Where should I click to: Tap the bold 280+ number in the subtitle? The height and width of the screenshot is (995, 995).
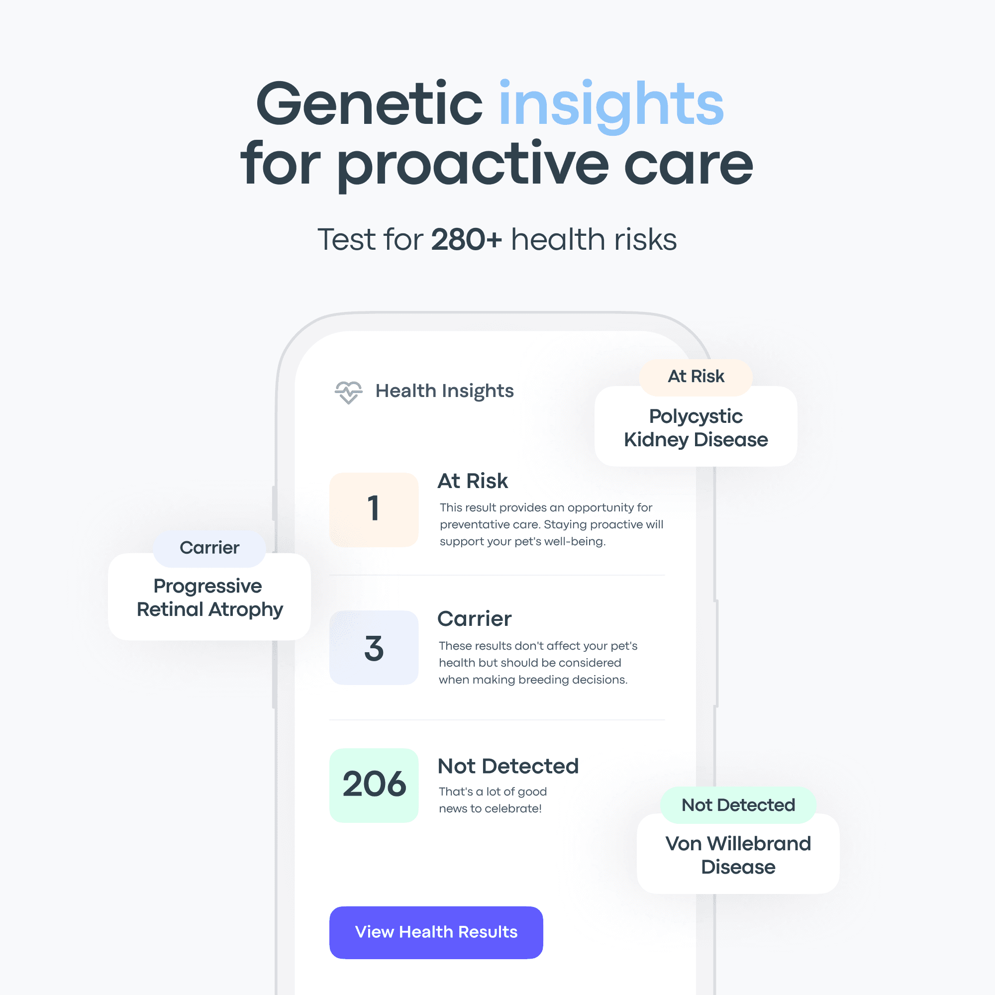tap(466, 239)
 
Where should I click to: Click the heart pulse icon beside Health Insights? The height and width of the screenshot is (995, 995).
tap(349, 393)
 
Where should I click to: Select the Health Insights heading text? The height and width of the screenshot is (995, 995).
tap(444, 392)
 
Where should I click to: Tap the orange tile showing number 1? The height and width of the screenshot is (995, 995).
tap(374, 509)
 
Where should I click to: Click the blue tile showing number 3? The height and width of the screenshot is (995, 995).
tap(374, 647)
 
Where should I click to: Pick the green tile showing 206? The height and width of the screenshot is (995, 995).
tap(374, 785)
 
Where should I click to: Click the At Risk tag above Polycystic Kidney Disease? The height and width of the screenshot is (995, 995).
tap(696, 377)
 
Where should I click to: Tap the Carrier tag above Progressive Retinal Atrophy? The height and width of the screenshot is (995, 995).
tap(209, 548)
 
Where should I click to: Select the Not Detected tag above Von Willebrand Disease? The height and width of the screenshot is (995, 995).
tap(738, 805)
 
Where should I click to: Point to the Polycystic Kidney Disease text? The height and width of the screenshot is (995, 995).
tap(696, 428)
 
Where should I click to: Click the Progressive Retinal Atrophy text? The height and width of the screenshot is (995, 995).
tap(209, 598)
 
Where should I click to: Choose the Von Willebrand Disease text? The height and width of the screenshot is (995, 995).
tap(738, 855)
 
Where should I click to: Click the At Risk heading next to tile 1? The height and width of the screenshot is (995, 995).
tap(473, 481)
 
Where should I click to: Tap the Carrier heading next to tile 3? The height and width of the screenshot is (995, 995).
tap(474, 619)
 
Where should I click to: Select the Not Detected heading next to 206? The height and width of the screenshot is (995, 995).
tap(508, 766)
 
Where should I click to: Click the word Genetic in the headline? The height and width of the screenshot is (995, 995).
tap(369, 104)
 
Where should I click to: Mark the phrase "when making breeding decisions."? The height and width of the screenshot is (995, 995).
tap(533, 680)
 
